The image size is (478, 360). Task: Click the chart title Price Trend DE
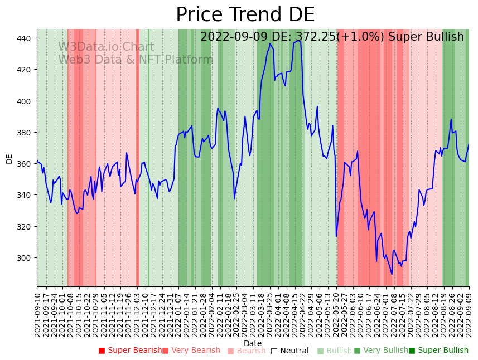click(x=245, y=15)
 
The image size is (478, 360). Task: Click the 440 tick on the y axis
click(x=26, y=38)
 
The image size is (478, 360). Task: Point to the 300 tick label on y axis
click(x=26, y=258)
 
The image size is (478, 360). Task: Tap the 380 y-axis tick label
click(x=26, y=133)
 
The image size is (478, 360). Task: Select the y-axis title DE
click(x=9, y=159)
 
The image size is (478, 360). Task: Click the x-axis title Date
click(x=253, y=343)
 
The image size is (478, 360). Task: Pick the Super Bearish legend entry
click(x=130, y=351)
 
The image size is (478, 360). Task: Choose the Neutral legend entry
click(x=289, y=351)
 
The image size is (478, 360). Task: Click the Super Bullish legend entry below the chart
click(x=438, y=351)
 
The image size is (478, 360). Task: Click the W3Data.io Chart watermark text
click(x=106, y=47)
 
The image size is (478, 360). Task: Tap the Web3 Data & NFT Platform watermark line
click(x=136, y=60)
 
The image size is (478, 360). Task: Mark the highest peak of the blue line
click(x=299, y=41)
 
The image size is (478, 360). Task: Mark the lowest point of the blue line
click(x=392, y=274)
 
